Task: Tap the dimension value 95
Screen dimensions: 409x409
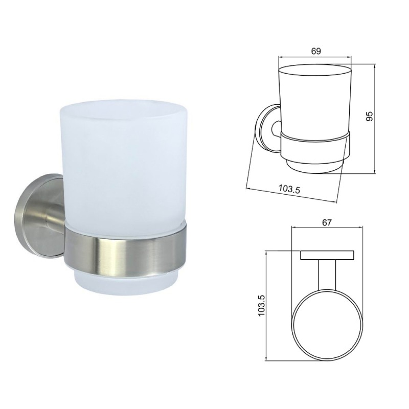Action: point(369,116)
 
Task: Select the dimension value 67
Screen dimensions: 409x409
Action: point(327,223)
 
